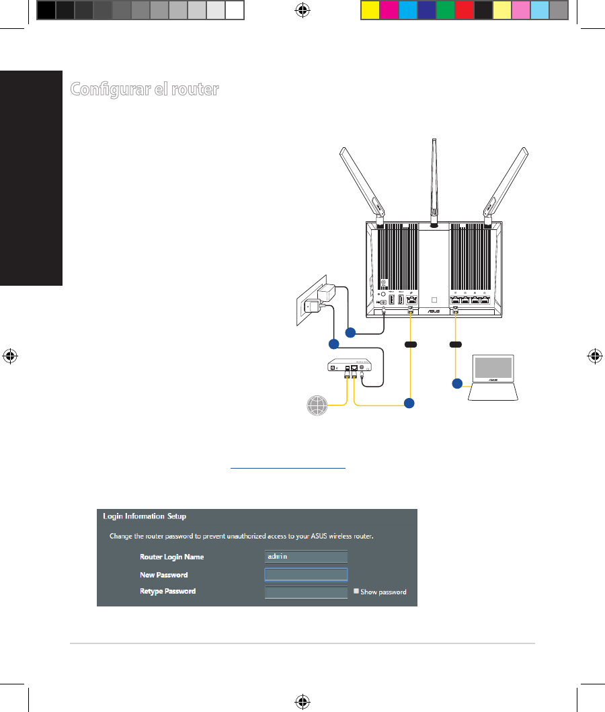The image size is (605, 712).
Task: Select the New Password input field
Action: [x=306, y=574]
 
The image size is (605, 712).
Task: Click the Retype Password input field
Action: [x=306, y=592]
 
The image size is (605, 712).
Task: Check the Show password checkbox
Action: [x=356, y=592]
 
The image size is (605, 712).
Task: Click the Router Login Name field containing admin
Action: [x=306, y=557]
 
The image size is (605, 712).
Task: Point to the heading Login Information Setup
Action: [x=145, y=516]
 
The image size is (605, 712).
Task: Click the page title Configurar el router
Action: [x=145, y=89]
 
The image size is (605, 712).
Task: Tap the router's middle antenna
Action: [x=434, y=182]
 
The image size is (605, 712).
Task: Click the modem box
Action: [x=350, y=366]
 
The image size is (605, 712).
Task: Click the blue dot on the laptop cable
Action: [x=457, y=384]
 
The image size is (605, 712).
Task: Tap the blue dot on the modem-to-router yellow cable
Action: [x=409, y=403]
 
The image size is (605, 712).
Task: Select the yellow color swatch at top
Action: [x=370, y=11]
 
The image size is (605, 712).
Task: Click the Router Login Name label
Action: [x=171, y=557]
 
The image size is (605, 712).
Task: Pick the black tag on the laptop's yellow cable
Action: [x=456, y=344]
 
